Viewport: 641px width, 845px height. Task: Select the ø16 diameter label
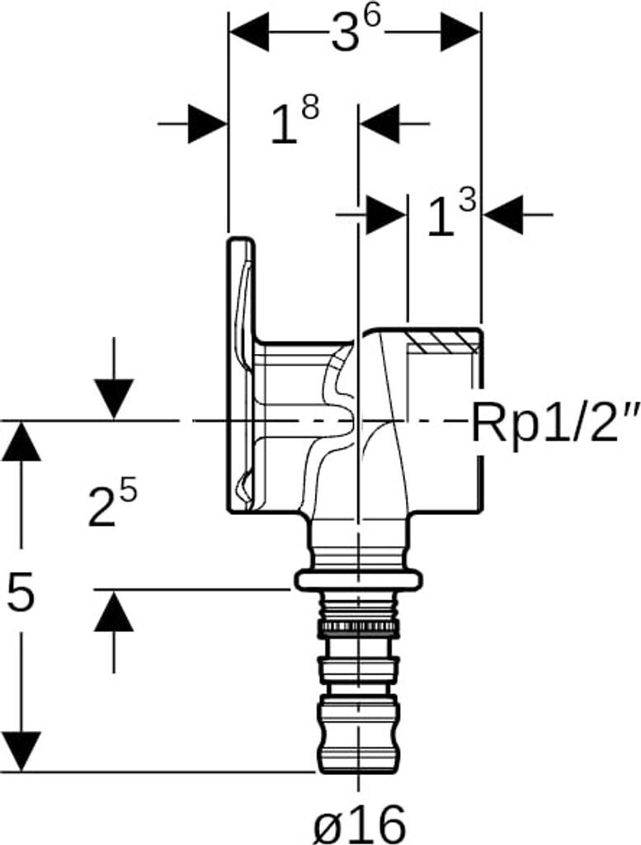pyautogui.click(x=360, y=822)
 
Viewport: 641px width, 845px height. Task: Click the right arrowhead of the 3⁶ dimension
pyautogui.click(x=460, y=35)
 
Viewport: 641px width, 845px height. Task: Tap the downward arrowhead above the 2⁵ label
pyautogui.click(x=113, y=399)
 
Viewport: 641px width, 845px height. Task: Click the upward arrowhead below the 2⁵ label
pyautogui.click(x=113, y=612)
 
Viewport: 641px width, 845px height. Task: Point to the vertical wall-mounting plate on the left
pyautogui.click(x=241, y=371)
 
